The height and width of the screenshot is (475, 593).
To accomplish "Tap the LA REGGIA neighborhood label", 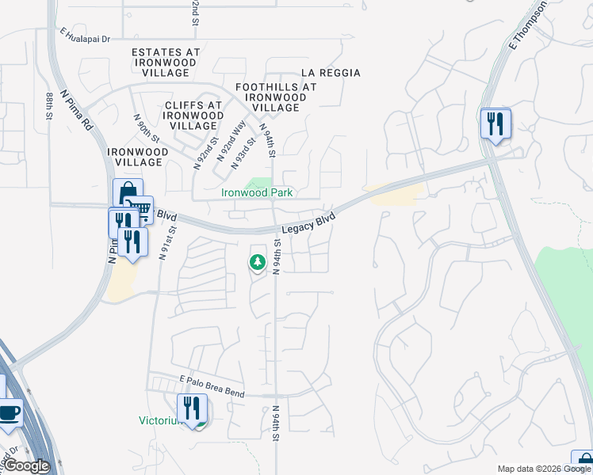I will pos(331,73).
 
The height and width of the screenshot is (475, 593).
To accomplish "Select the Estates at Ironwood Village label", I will pos(166,62).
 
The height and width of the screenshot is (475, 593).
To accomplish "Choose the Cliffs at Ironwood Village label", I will pos(193,115).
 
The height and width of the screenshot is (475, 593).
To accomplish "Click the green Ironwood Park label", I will pos(256,192).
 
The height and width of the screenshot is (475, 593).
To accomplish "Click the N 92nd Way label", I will pos(239,136).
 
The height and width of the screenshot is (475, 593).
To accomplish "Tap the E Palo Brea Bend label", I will pos(212,386).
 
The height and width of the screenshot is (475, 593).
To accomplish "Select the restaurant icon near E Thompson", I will pos(495,123).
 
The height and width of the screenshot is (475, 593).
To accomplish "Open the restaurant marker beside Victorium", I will pos(192,409).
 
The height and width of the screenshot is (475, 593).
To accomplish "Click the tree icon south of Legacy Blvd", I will pos(257,260).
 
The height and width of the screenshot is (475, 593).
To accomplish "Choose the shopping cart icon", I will pos(140,209).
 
